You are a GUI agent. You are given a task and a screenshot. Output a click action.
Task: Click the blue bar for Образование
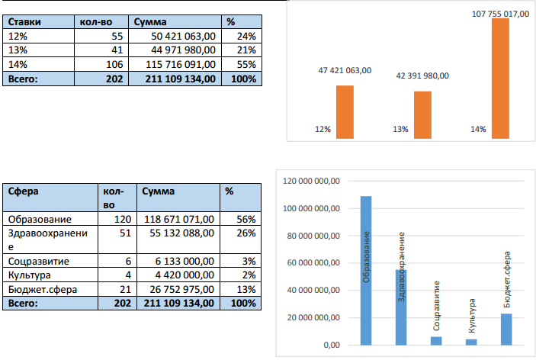(x=366, y=270)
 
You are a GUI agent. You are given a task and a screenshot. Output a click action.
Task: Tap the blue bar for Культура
(x=470, y=342)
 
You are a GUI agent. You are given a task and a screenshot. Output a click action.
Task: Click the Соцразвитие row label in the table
(x=38, y=261)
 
